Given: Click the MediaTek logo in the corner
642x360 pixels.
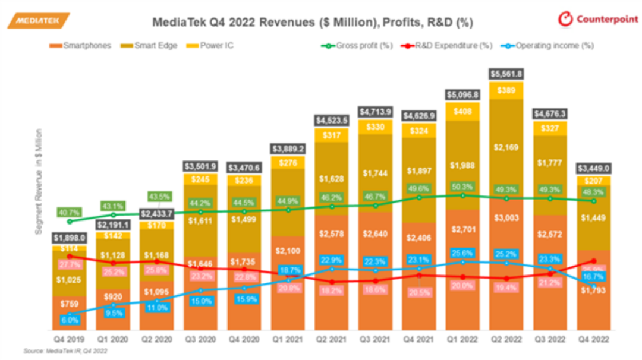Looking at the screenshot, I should (38, 21).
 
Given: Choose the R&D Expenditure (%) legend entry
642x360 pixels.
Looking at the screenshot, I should (450, 46).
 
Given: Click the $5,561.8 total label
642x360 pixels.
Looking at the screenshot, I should (506, 74).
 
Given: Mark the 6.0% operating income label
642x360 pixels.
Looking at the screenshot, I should (70, 320).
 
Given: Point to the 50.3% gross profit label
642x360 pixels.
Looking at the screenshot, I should (462, 187).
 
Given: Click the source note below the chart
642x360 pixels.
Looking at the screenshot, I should (61, 352).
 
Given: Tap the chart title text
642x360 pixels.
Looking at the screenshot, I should (313, 23).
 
